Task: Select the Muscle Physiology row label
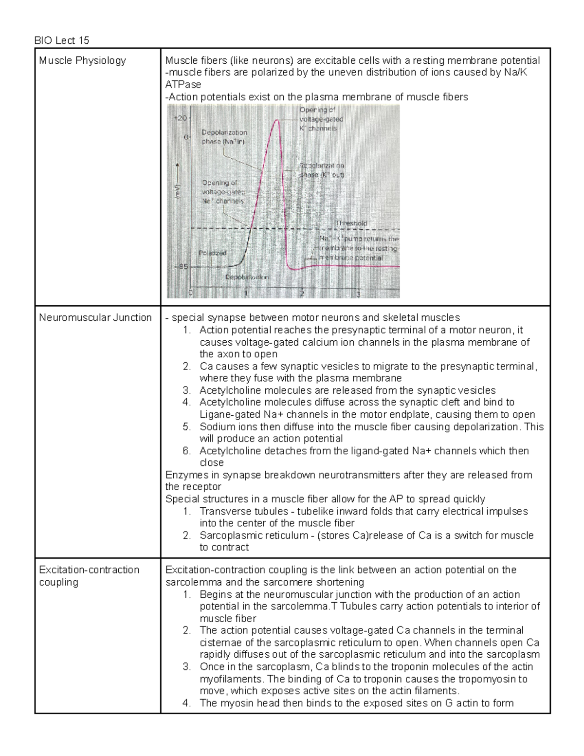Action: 82,61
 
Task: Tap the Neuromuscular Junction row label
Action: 95,318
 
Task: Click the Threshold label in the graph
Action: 351,223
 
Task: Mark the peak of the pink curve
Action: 277,120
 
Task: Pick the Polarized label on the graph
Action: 213,253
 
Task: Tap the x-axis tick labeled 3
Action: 359,294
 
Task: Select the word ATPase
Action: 183,85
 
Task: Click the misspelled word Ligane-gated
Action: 228,415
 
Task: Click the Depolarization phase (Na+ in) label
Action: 224,137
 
